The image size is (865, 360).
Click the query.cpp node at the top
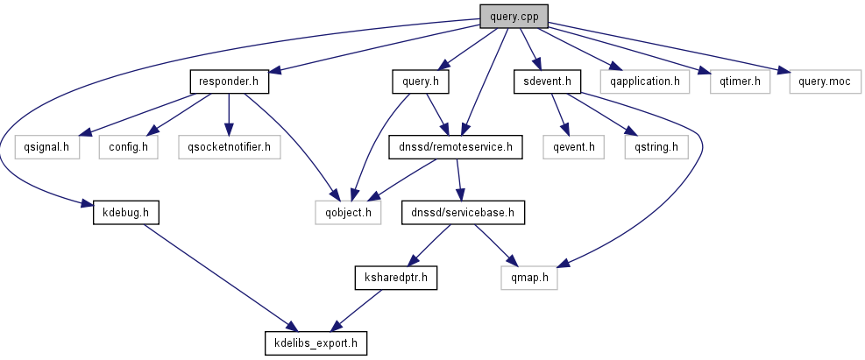tap(513, 17)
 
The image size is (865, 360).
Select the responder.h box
tap(229, 82)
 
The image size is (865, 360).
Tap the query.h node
tap(420, 82)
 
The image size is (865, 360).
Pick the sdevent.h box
tap(548, 82)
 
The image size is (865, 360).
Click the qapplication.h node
tap(645, 82)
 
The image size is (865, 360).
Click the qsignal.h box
tap(47, 147)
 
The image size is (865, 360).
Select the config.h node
tap(128, 147)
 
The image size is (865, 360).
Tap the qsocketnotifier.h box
tap(229, 147)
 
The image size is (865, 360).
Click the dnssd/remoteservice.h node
tap(456, 147)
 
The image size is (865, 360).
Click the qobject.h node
tap(348, 213)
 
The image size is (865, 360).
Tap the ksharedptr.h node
tap(394, 278)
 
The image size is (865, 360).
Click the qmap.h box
tap(529, 278)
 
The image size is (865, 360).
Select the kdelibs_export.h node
tap(315, 342)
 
